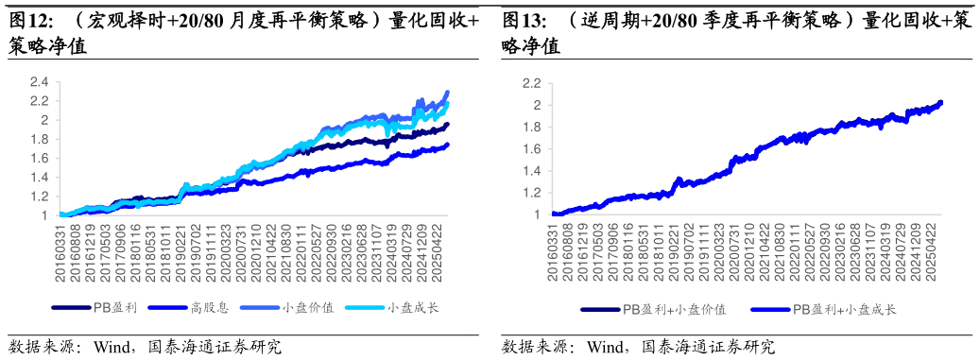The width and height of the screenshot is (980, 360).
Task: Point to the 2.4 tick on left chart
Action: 39,82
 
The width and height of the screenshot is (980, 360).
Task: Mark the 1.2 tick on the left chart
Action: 39,197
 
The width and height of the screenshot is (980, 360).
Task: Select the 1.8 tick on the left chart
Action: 39,139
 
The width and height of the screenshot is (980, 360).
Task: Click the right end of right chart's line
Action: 941,102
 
